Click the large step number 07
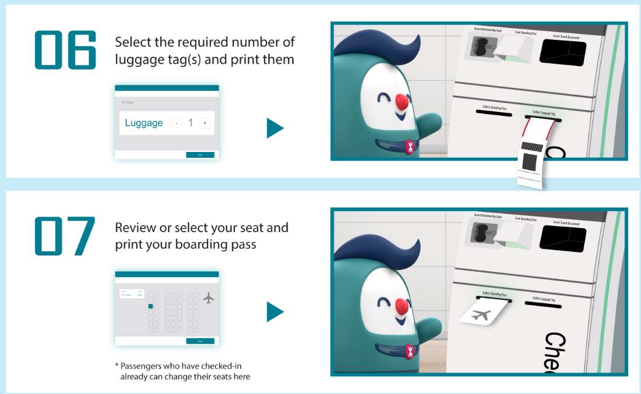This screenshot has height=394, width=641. (65, 236)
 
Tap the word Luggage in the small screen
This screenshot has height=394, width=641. (144, 123)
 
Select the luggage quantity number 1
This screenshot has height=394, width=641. (190, 123)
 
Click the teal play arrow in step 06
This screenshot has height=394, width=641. (274, 128)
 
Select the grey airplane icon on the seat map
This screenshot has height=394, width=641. (209, 298)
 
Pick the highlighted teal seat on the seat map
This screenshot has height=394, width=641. (151, 306)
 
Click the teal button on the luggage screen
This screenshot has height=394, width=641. (200, 155)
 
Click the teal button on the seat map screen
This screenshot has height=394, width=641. (200, 341)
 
